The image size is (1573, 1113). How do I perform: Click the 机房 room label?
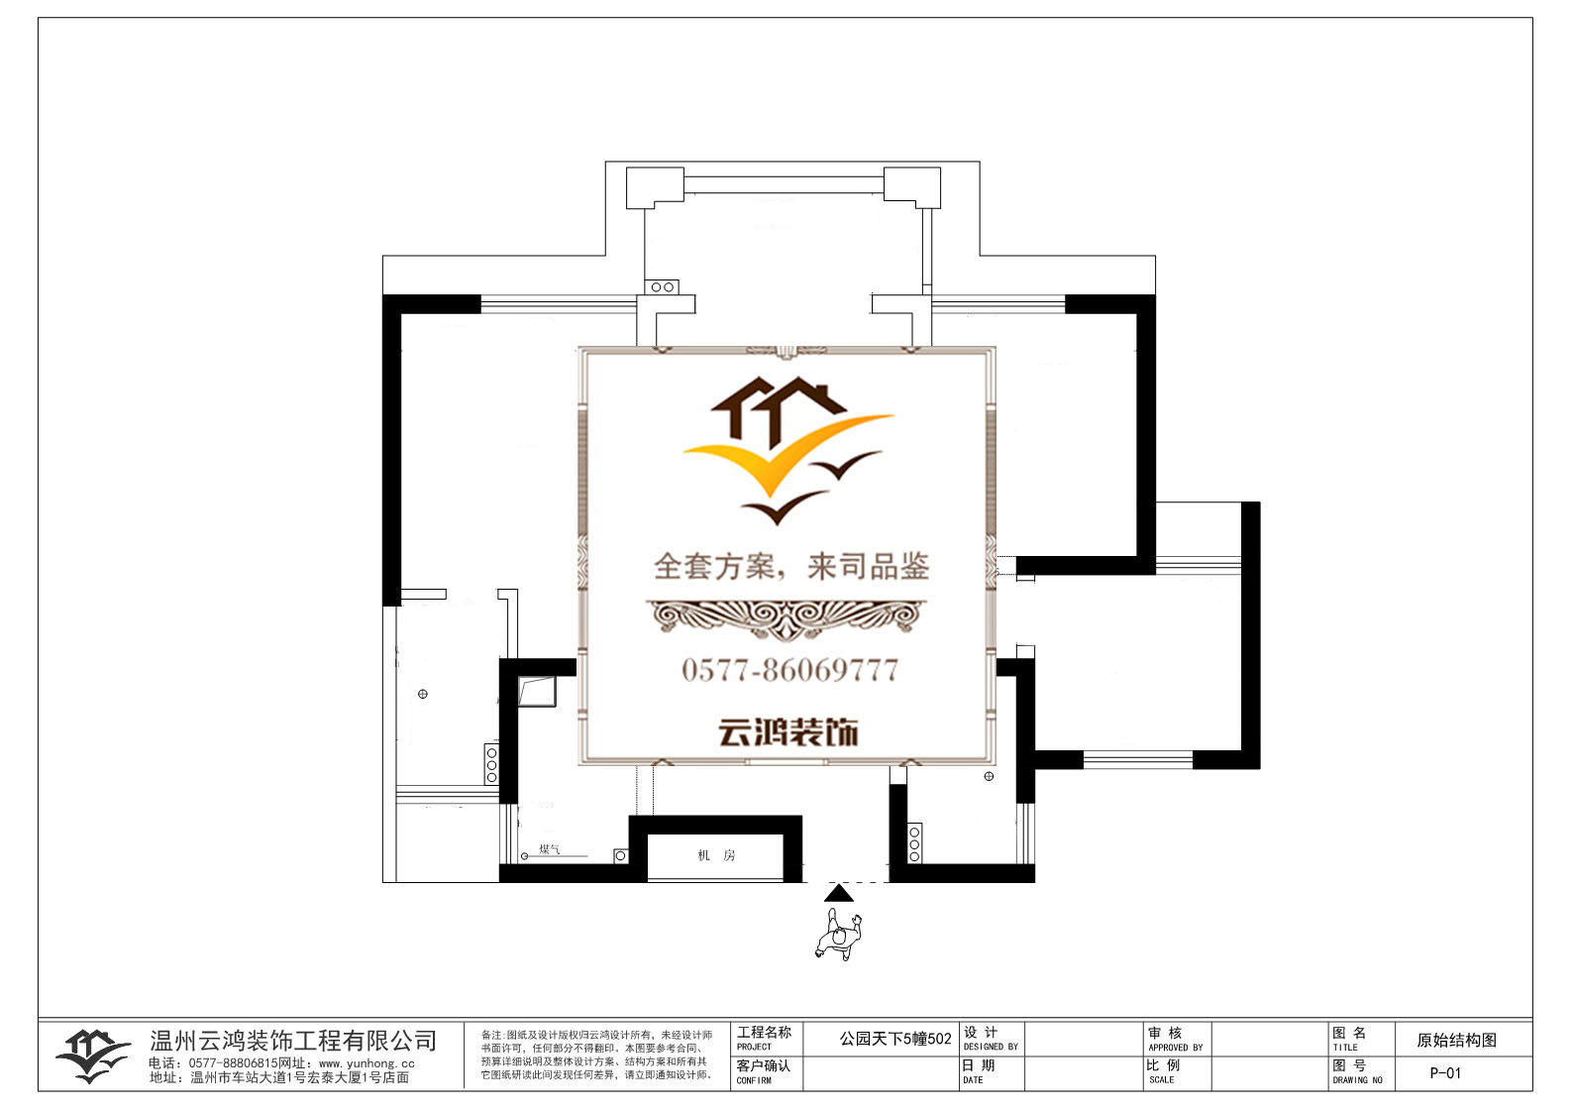715,855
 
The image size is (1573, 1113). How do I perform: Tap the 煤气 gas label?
549,849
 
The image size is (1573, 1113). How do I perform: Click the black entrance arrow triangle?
838,893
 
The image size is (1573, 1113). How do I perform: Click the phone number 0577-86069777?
788,671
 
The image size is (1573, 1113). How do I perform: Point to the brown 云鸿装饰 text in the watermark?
787,733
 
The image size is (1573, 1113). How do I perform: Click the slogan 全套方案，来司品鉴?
790,567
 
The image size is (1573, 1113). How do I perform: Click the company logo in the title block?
92,1056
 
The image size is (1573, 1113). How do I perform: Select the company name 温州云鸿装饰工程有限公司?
293,1041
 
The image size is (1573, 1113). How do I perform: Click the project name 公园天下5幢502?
894,1039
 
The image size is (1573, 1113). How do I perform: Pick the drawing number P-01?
1445,1073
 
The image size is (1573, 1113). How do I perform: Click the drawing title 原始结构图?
1456,1040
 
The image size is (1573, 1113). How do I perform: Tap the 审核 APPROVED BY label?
1175,1039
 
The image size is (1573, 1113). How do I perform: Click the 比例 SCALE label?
1165,1071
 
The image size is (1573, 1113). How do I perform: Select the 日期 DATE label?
978,1071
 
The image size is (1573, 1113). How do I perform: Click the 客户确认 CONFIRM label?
763,1071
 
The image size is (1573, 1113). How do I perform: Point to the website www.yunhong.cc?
367,1063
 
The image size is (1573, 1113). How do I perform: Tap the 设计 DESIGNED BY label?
990,1039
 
